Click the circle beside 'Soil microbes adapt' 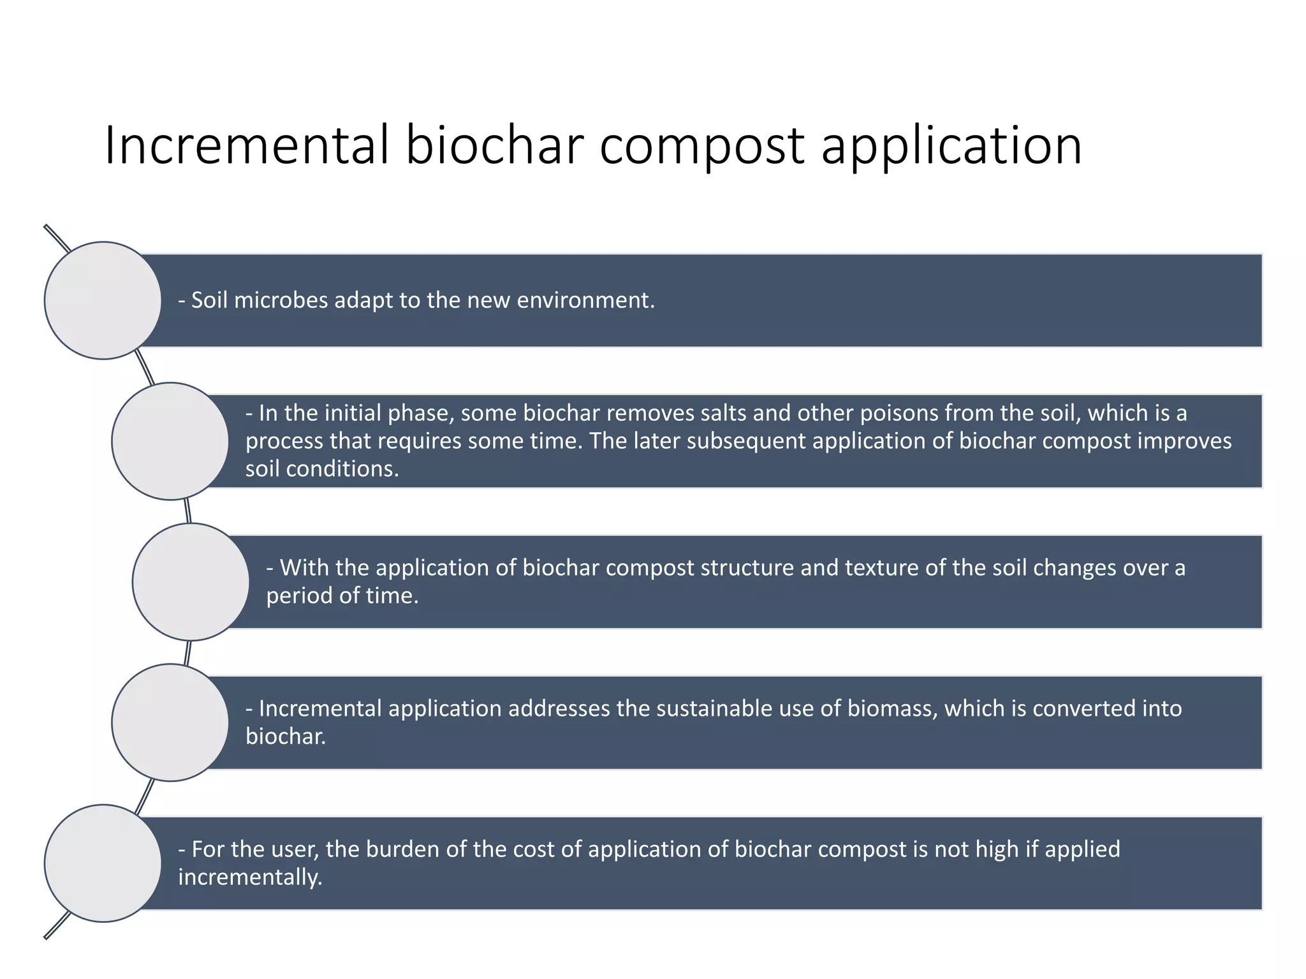pyautogui.click(x=103, y=300)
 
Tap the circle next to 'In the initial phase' pyautogui.click(x=170, y=441)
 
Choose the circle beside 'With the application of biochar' pyautogui.click(x=190, y=582)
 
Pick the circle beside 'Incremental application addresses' pyautogui.click(x=170, y=723)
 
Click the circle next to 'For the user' pyautogui.click(x=103, y=863)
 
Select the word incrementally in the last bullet pyautogui.click(x=250, y=878)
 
